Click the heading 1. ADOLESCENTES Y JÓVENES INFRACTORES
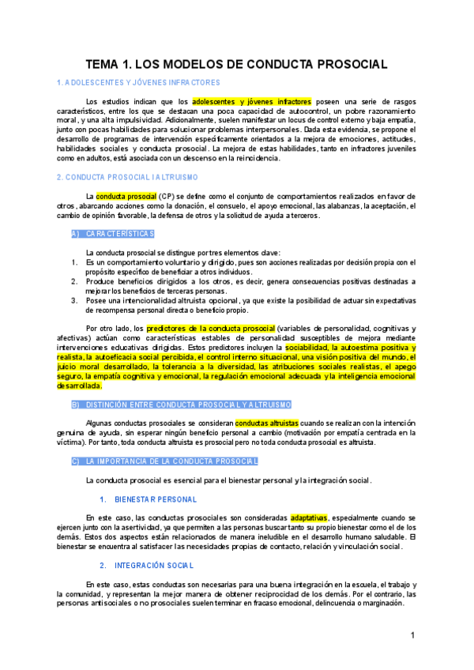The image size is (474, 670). point(138,82)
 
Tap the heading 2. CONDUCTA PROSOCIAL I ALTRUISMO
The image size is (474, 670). point(127,177)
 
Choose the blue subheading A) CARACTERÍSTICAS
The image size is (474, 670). point(112,234)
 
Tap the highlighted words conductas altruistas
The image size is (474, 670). point(267,423)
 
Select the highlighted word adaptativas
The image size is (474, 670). point(308,518)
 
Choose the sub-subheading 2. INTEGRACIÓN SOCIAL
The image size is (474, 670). point(149,566)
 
